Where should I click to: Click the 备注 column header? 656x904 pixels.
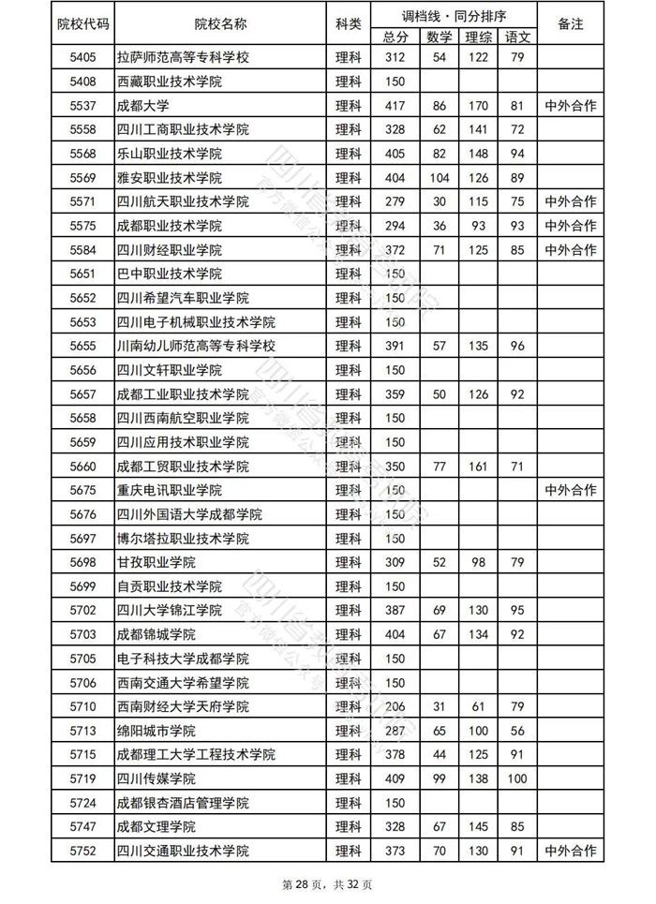[x=570, y=24]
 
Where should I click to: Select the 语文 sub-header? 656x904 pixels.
[x=517, y=37]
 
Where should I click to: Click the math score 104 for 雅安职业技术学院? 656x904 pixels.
[x=439, y=177]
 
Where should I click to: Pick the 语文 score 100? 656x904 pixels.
[x=517, y=778]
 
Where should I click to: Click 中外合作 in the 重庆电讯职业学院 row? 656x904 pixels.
[x=570, y=490]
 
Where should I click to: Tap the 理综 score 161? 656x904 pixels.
[x=478, y=466]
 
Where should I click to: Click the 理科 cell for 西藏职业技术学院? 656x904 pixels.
[x=348, y=82]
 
